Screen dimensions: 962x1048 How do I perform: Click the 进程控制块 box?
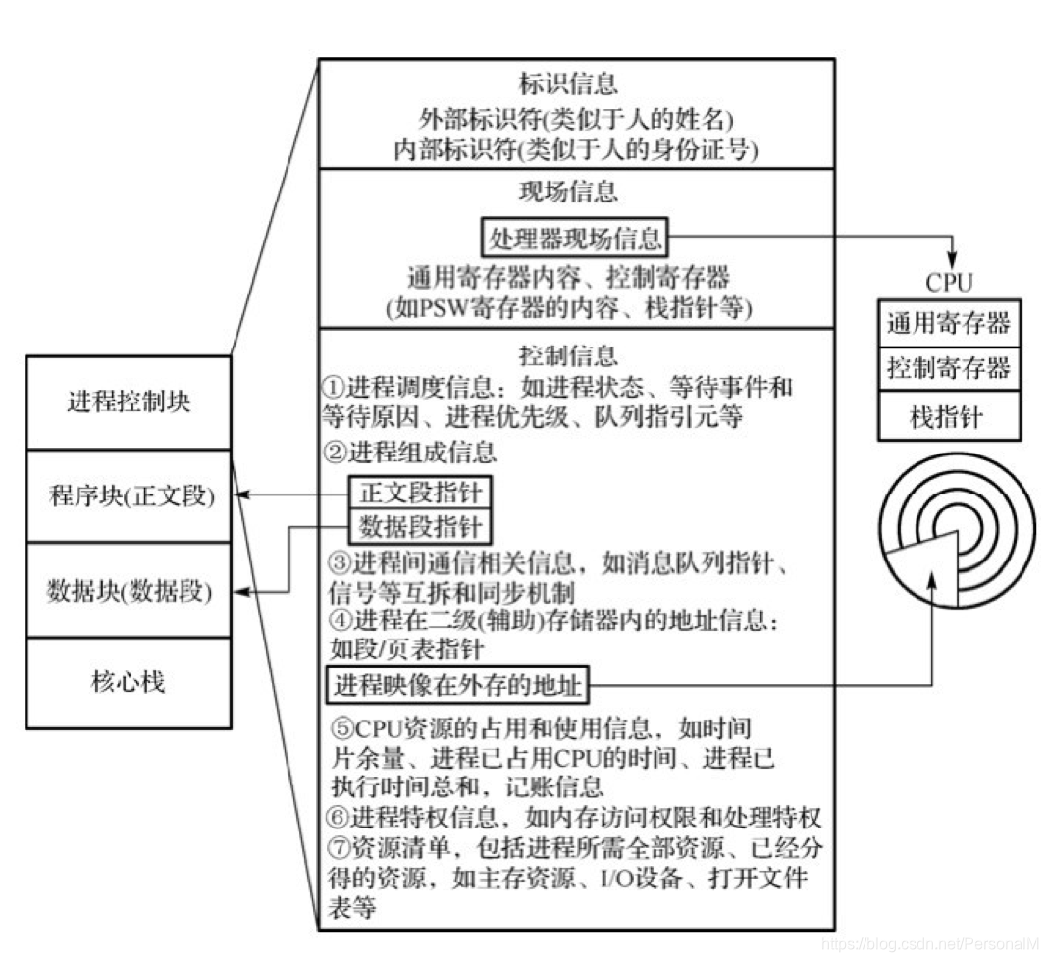[x=129, y=403]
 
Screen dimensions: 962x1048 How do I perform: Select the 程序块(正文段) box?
[x=129, y=496]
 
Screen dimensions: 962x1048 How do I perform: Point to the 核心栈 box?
[x=129, y=682]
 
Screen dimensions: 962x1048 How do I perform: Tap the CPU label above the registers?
[x=948, y=283]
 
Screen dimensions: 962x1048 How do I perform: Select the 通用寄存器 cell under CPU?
[x=948, y=322]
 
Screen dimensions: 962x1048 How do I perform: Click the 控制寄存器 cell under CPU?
[x=948, y=369]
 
